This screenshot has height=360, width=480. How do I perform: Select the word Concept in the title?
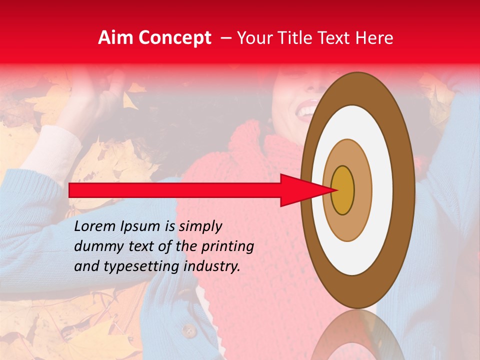175,38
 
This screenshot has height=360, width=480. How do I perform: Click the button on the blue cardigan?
189,330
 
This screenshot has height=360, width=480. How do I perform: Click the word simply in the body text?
199,226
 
